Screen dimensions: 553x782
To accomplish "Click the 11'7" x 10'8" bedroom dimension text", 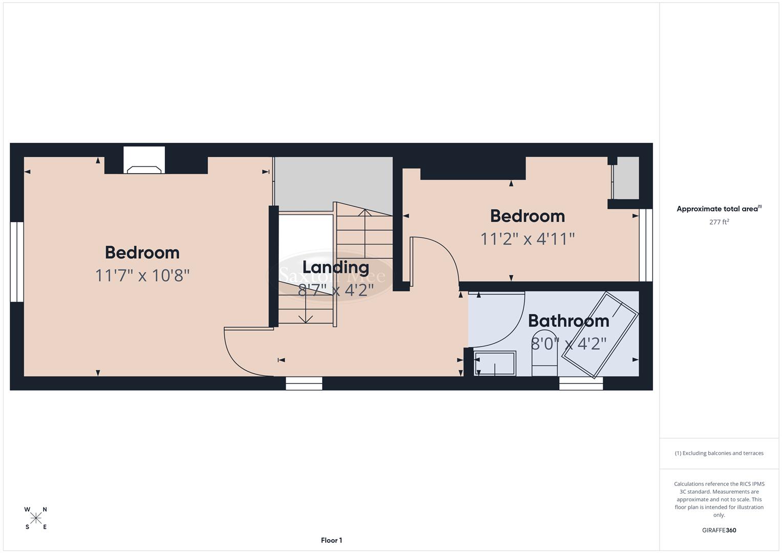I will click(x=142, y=276).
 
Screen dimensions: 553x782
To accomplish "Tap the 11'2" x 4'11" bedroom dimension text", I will click(x=527, y=239).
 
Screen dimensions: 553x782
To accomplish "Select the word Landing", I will click(x=335, y=267).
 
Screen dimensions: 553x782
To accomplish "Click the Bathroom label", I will click(x=568, y=321).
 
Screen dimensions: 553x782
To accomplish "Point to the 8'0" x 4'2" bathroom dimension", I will click(x=568, y=344).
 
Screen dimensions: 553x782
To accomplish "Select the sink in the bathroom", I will click(x=495, y=363).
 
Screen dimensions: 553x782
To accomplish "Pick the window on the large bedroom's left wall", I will click(x=17, y=262).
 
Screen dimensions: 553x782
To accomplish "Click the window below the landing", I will click(x=304, y=384).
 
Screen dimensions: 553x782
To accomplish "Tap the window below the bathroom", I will click(x=581, y=384).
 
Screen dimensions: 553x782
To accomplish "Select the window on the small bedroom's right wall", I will click(x=646, y=245).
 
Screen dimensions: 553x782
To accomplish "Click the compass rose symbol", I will click(x=36, y=518).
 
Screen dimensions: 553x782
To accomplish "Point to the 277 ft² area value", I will click(x=718, y=222).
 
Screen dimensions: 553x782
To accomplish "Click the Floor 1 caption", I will click(x=331, y=540).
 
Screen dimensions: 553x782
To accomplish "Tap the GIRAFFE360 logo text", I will click(x=718, y=530).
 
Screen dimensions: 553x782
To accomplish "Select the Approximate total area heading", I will click(x=718, y=209).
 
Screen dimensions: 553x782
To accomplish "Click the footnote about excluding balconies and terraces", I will click(x=718, y=453).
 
